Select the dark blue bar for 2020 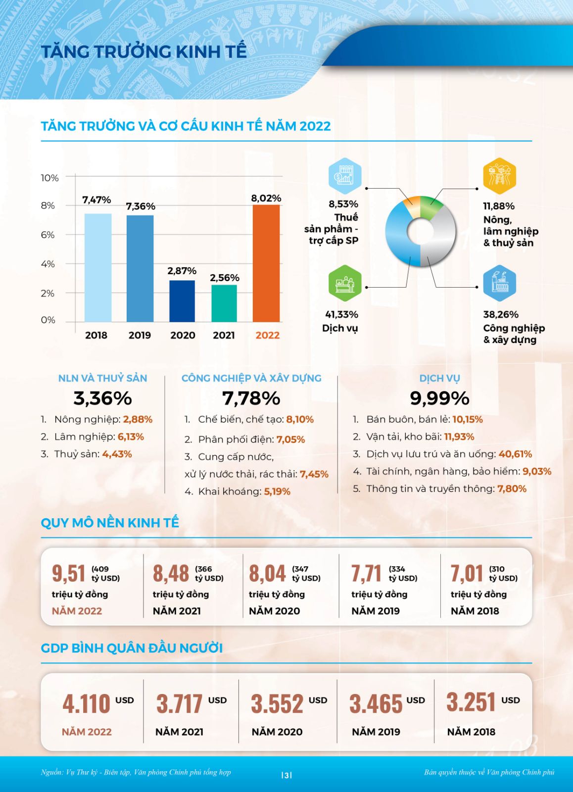pyautogui.click(x=182, y=301)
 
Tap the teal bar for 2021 pyautogui.click(x=224, y=303)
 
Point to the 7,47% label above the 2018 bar pyautogui.click(x=96, y=200)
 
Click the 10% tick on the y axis pyautogui.click(x=49, y=178)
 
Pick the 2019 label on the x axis pyautogui.click(x=140, y=335)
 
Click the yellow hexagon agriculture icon pyautogui.click(x=499, y=176)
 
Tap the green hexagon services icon pyautogui.click(x=345, y=283)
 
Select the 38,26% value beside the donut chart pyautogui.click(x=501, y=314)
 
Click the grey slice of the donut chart pyautogui.click(x=440, y=238)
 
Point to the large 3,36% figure pyautogui.click(x=102, y=398)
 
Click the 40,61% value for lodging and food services pyautogui.click(x=515, y=454)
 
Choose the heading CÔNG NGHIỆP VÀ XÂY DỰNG pyautogui.click(x=251, y=378)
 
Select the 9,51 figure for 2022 pyautogui.click(x=69, y=573)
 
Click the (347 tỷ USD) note pyautogui.click(x=306, y=574)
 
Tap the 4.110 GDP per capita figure pyautogui.click(x=86, y=703)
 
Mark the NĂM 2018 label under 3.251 pyautogui.click(x=471, y=732)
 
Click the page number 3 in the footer pyautogui.click(x=286, y=775)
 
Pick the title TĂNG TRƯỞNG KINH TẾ pyautogui.click(x=143, y=51)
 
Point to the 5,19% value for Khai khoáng pyautogui.click(x=277, y=492)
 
